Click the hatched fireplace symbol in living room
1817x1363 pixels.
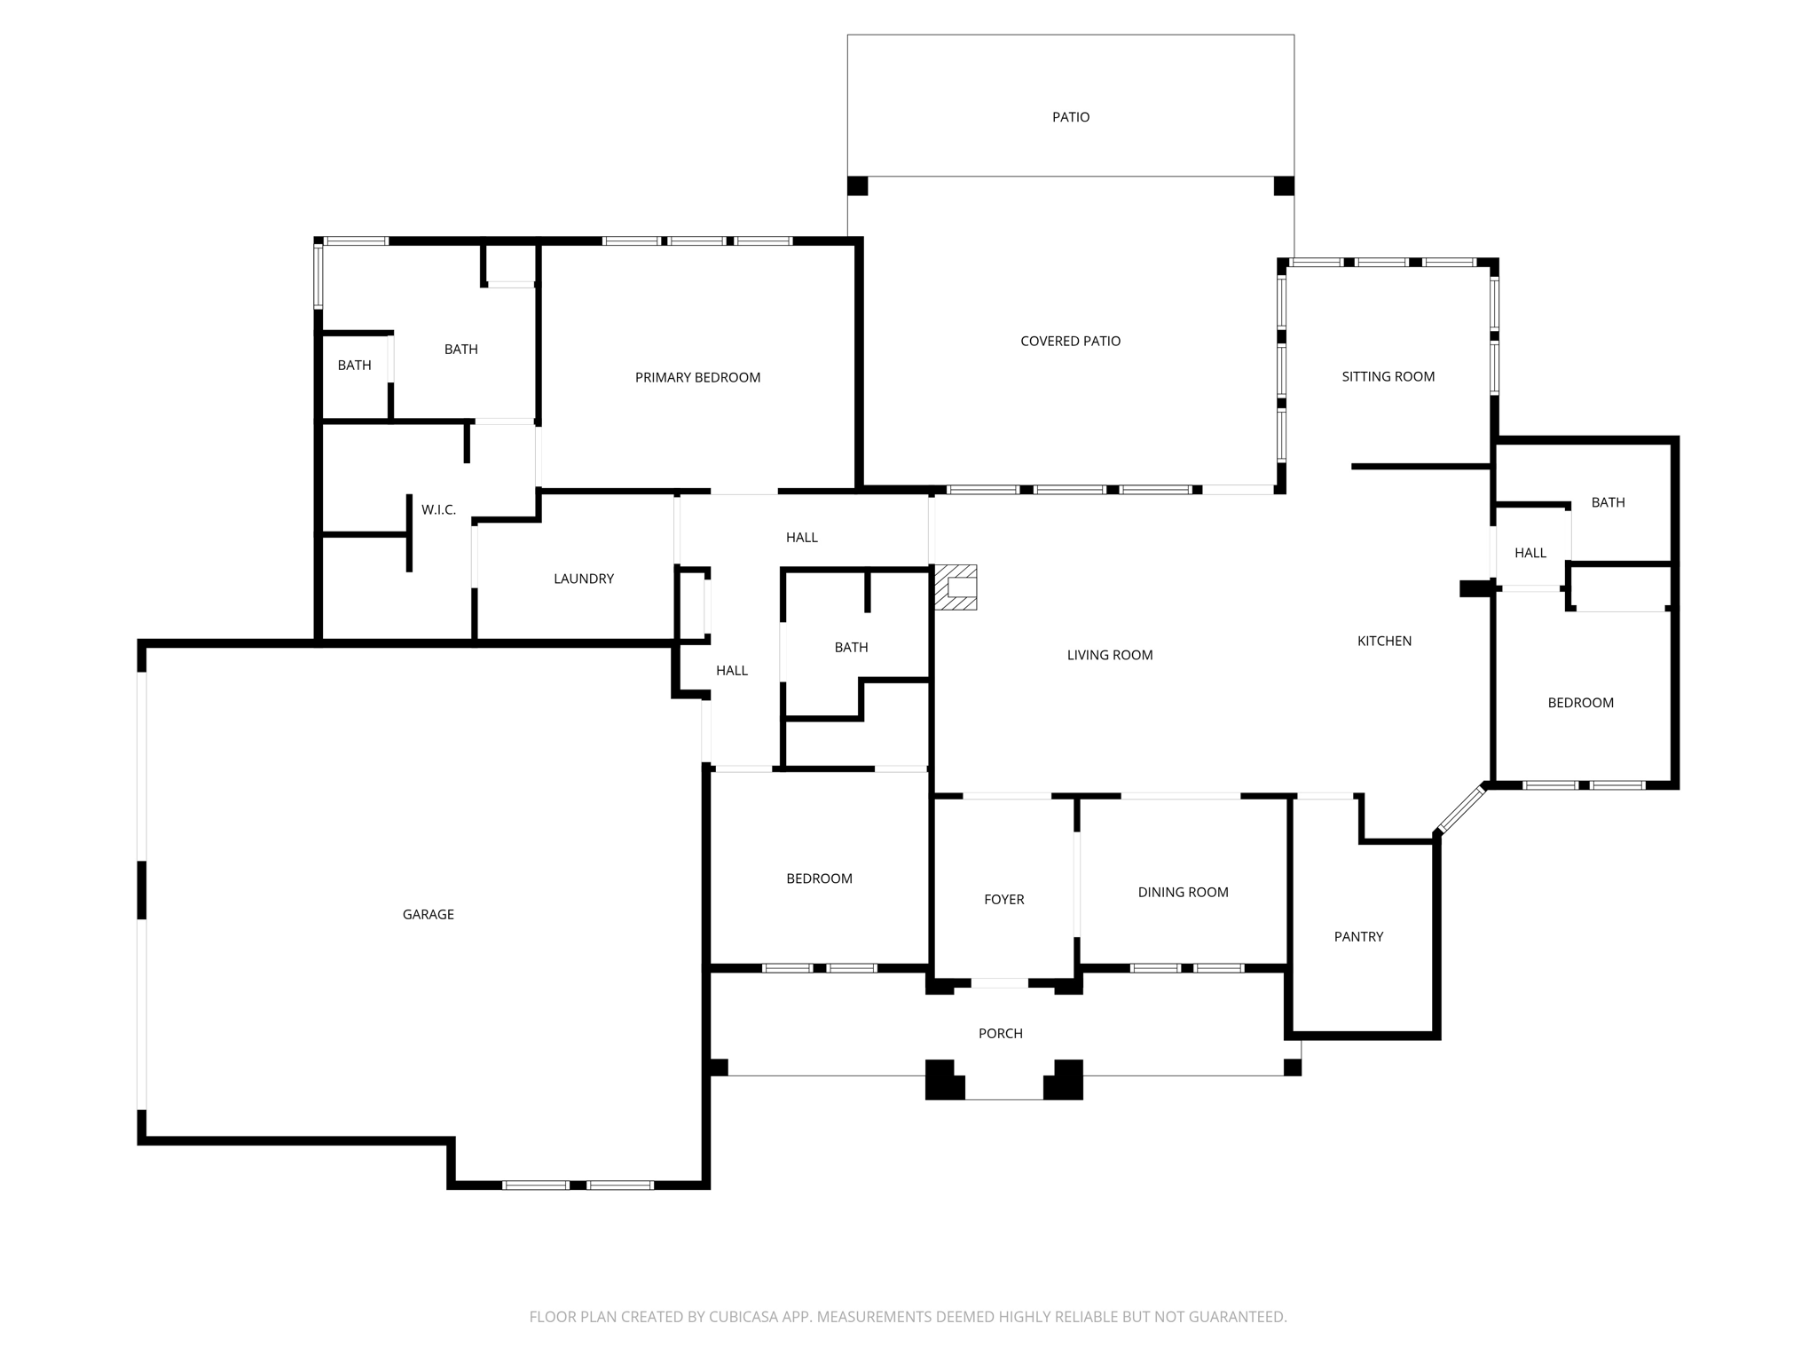coord(956,587)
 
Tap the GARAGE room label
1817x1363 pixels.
coord(428,914)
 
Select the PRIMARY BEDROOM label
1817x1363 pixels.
coord(697,377)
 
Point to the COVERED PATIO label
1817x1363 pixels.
coord(1070,341)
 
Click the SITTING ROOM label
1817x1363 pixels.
coord(1388,376)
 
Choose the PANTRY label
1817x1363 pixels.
coord(1358,936)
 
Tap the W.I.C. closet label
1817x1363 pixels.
coord(438,509)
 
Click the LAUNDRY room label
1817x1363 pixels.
coord(583,579)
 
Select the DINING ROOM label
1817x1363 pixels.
coord(1183,892)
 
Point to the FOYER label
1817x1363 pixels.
coord(1003,899)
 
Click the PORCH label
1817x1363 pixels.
coord(1000,1033)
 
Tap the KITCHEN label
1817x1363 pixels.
coord(1384,641)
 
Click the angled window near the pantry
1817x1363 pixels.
coord(1461,809)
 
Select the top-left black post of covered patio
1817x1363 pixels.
coord(857,186)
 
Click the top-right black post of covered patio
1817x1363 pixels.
coord(1284,186)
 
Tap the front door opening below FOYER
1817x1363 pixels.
coord(999,982)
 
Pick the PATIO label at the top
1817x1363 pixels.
coord(1070,117)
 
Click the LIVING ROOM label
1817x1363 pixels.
coord(1109,655)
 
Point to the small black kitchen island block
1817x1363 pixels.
coord(1475,588)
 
